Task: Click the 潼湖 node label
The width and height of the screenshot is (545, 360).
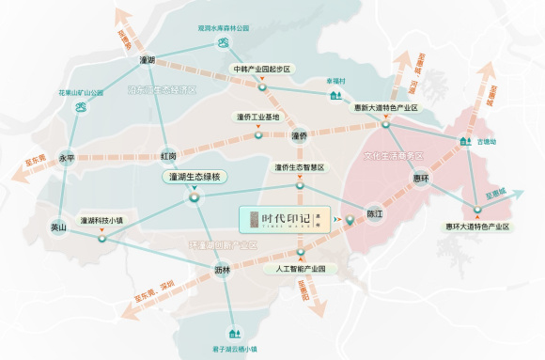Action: (146, 60)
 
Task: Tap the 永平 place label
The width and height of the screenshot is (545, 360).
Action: (67, 157)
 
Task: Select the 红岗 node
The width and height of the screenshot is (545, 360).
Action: (169, 155)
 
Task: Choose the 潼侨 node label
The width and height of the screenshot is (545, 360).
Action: (299, 136)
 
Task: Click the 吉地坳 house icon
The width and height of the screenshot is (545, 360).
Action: (464, 142)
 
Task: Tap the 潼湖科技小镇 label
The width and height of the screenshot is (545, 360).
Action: (102, 220)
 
